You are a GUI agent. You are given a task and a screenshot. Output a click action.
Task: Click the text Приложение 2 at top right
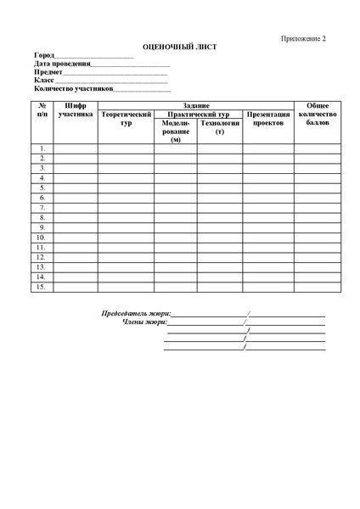click(x=304, y=39)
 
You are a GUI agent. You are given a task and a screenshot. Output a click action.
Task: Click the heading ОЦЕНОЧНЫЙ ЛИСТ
click(x=179, y=47)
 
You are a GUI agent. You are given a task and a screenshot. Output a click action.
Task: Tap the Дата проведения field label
click(x=62, y=64)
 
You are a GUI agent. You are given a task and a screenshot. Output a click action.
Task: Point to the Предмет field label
click(x=48, y=72)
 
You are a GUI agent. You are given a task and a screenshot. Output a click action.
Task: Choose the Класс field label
click(x=44, y=80)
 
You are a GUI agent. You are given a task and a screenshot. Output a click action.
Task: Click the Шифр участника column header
click(x=76, y=109)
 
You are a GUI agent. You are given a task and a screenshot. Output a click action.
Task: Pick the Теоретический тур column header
click(x=126, y=118)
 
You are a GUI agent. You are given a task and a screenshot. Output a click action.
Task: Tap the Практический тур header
click(x=198, y=114)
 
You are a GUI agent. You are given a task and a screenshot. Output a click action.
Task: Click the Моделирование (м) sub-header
click(x=176, y=131)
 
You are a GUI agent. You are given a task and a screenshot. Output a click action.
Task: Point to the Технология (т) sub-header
click(x=220, y=126)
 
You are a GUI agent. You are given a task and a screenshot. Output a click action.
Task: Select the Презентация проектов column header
click(x=268, y=118)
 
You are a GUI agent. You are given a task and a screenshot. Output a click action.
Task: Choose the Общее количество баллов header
click(x=318, y=114)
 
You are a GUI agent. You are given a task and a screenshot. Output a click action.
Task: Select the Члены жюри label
click(x=144, y=322)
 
